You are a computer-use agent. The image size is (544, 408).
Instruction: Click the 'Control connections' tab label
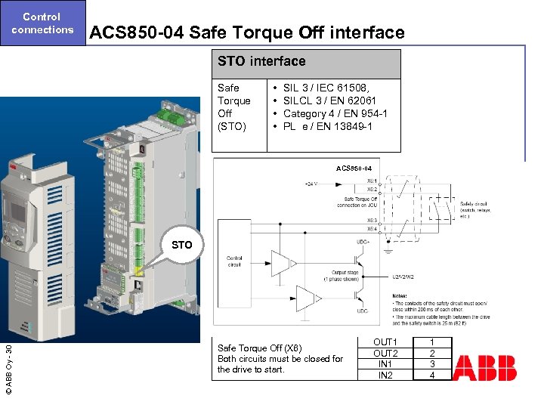42,23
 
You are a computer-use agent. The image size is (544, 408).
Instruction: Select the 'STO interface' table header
261,61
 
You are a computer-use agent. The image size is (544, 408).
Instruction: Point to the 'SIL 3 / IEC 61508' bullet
325,88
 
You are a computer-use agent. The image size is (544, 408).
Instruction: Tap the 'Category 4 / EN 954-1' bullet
335,113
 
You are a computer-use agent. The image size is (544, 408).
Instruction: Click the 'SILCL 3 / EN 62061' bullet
329,100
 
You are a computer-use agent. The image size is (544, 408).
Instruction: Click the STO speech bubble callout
182,245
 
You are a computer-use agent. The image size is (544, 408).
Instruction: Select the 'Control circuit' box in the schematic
234,261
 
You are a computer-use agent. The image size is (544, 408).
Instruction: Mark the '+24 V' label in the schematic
311,184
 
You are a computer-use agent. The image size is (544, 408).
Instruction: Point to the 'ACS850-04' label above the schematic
354,168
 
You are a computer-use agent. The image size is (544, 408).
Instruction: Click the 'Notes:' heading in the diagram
400,295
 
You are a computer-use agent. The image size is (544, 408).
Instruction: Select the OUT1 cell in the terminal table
385,342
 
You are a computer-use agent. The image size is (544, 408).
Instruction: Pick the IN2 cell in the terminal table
385,375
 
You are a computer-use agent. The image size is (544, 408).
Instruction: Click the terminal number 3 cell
432,364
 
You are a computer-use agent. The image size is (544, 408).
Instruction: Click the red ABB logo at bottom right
484,368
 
